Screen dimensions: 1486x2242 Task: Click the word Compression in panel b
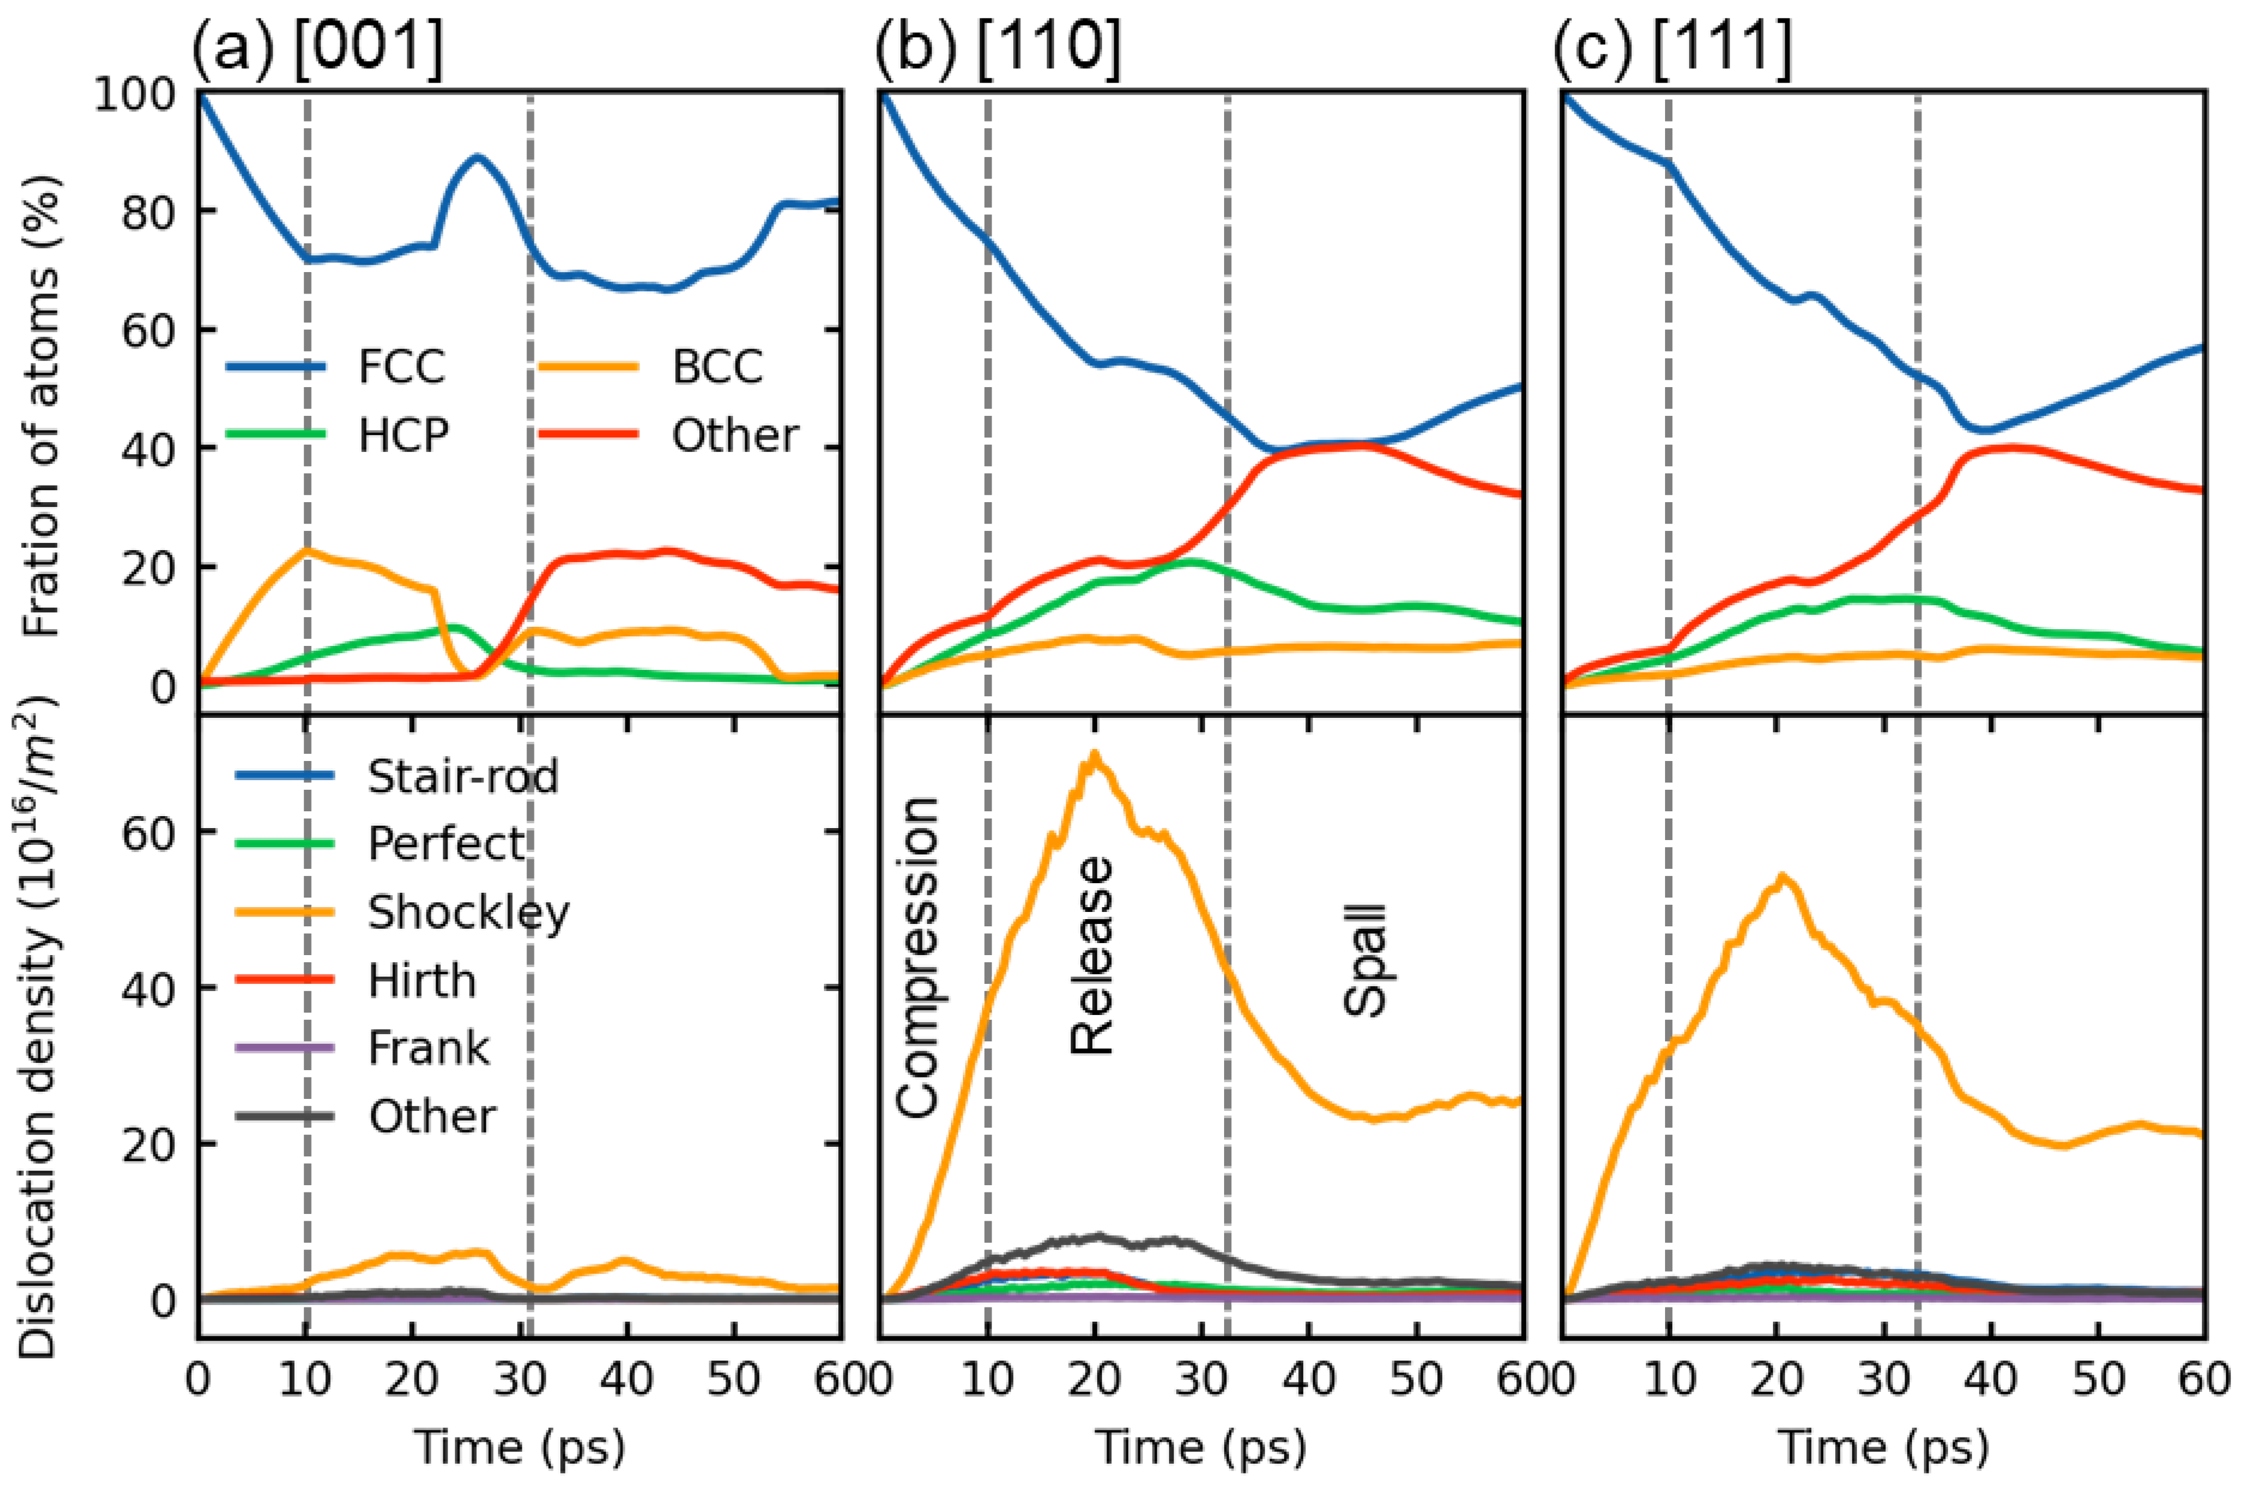tap(917, 957)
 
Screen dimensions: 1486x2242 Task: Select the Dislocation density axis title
tap(40, 1028)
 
